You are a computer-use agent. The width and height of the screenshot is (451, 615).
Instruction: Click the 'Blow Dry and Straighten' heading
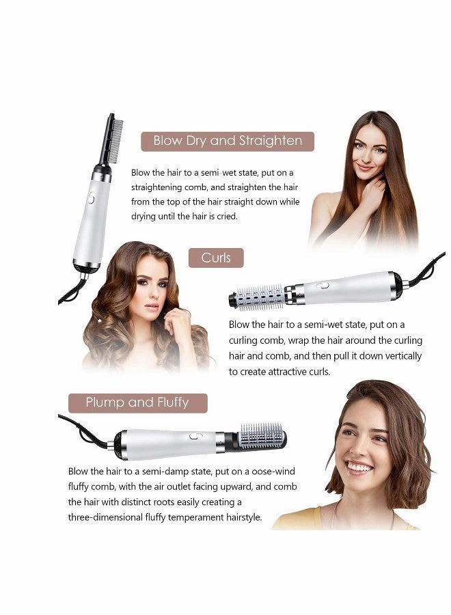tap(227, 141)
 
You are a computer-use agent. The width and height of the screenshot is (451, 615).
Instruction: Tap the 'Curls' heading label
tap(216, 258)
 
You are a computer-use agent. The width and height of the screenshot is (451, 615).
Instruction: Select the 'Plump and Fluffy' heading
tap(137, 402)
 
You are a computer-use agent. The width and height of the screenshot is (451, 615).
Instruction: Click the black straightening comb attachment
tap(108, 141)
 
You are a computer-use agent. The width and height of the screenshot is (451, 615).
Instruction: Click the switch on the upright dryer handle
tap(91, 200)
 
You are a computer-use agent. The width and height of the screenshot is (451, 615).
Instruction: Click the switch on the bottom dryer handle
tap(195, 435)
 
